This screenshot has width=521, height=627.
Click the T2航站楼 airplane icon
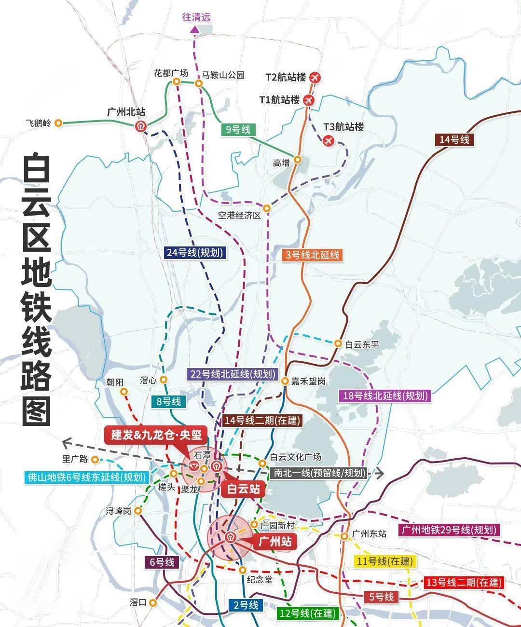[x=315, y=77]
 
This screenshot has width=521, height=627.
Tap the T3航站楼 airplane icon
[x=329, y=141]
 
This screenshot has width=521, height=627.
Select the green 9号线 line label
[x=238, y=129]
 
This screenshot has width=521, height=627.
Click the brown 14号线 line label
[x=454, y=140]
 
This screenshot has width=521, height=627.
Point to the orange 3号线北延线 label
[x=313, y=256]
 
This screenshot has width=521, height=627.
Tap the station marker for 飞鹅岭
[x=58, y=123]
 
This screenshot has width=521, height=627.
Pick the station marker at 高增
[x=298, y=159]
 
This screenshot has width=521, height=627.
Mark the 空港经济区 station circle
[x=267, y=208]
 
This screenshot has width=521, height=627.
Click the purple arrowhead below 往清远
[x=194, y=29]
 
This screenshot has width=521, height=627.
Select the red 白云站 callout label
[x=244, y=489]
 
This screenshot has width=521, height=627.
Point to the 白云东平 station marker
[x=338, y=343]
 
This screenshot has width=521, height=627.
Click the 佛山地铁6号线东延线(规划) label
[x=86, y=478]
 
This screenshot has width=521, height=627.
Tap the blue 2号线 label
[x=246, y=605]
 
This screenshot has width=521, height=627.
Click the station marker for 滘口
[x=154, y=602]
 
